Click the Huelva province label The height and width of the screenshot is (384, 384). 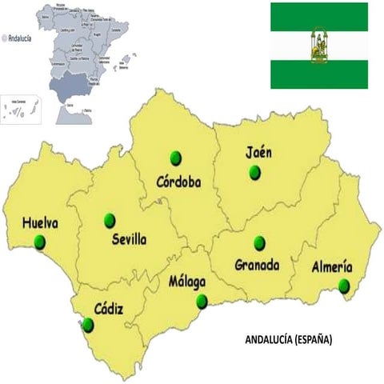point(40,223)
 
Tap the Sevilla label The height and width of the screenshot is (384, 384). point(129,238)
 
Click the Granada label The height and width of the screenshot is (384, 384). point(257,264)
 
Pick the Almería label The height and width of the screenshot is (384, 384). point(331,268)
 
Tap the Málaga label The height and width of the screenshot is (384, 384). point(187,282)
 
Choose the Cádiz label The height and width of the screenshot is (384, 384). point(109,307)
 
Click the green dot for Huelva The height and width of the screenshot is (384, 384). point(40,242)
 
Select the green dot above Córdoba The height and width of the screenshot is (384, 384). point(176,158)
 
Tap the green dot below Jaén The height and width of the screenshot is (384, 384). point(255,171)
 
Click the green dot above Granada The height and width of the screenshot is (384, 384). point(258,242)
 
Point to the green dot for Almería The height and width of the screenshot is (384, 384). point(344,286)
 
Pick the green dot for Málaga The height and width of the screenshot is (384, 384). point(202,302)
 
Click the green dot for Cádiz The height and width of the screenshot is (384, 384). point(88,325)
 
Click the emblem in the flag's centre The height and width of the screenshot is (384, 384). point(318,46)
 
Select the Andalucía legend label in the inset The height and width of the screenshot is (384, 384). point(19,36)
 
